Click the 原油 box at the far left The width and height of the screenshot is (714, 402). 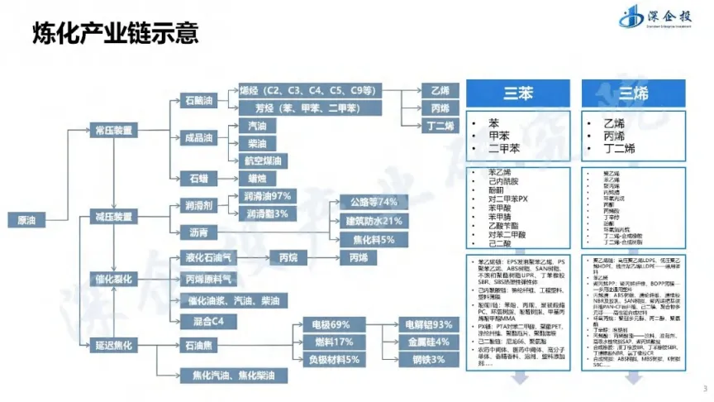point(26,220)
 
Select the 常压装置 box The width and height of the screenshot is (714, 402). point(112,129)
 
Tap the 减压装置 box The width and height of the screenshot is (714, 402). point(112,217)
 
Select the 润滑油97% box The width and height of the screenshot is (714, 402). point(268,197)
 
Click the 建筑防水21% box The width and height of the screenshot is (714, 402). point(373,221)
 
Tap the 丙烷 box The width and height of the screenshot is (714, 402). point(288,258)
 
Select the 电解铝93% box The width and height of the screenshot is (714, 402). point(431,323)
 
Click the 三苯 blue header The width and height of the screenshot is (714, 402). point(518,93)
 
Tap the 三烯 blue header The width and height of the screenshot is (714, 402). point(635,93)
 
